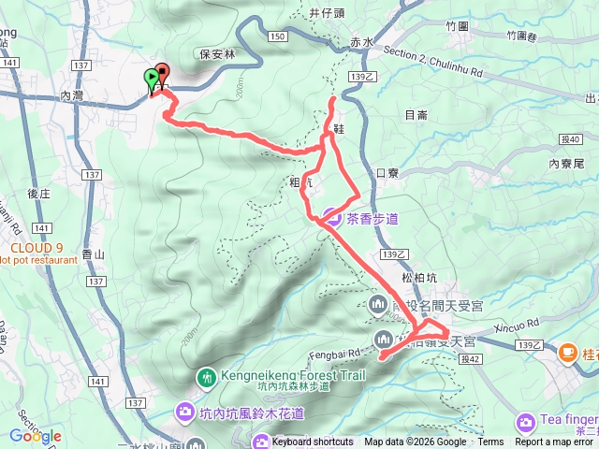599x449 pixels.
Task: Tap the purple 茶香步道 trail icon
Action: click(331, 219)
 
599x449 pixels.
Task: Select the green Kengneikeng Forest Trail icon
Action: click(206, 378)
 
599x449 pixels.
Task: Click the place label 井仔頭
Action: click(328, 12)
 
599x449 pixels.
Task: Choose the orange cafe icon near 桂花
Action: click(567, 353)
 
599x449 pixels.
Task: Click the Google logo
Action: click(35, 436)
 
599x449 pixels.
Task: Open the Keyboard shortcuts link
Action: click(312, 442)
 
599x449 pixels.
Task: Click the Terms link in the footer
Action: click(490, 442)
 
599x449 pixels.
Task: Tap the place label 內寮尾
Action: click(567, 163)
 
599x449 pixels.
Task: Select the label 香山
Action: click(94, 254)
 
